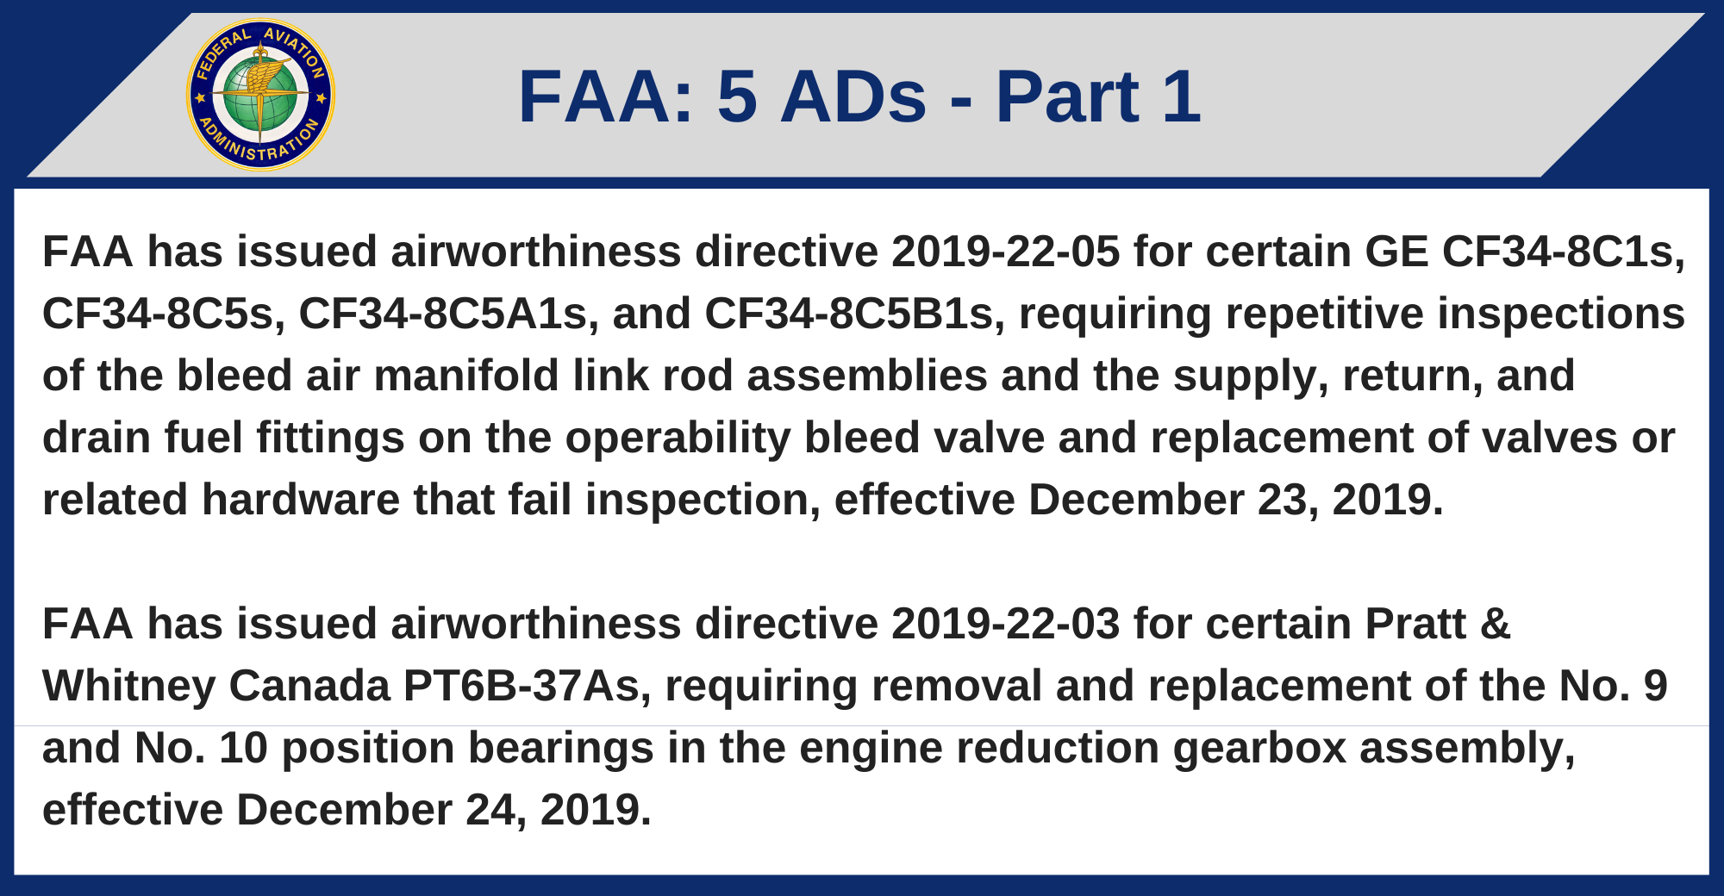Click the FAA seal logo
pos(260,95)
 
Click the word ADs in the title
pos(853,96)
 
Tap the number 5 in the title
pos(737,96)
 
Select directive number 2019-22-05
pos(1006,252)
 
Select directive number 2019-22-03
pos(1006,624)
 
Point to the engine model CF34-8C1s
pos(1563,252)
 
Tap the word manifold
pos(466,376)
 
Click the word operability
pos(678,439)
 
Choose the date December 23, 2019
pos(1235,501)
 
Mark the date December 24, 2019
pos(443,811)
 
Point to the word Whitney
pos(128,687)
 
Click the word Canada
pos(309,687)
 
